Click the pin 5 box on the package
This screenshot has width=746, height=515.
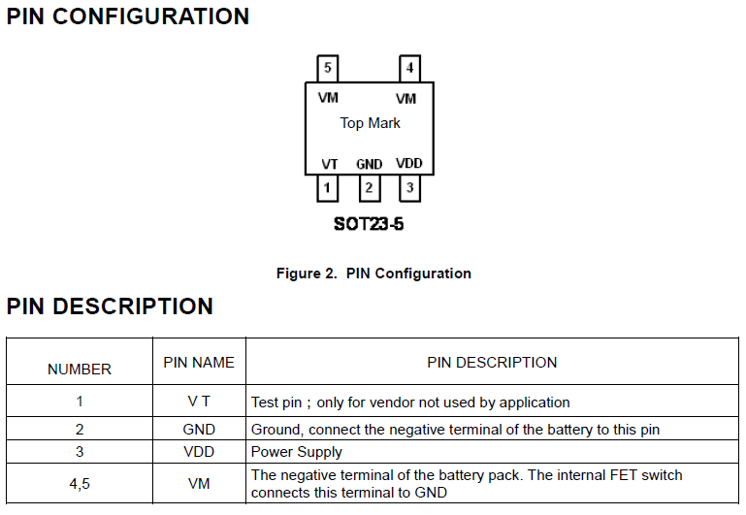328,69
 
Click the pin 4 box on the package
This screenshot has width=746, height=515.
410,69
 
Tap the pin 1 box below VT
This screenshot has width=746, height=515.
328,187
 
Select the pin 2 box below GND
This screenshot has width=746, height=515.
369,187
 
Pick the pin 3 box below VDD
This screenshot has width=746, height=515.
410,187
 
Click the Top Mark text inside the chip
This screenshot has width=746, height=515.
370,123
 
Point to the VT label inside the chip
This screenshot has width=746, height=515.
330,164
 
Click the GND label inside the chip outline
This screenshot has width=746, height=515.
369,164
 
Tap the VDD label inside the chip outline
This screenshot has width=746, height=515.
409,163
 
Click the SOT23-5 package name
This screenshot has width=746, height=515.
369,224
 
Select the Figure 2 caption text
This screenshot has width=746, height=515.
373,274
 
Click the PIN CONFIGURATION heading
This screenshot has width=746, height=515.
128,16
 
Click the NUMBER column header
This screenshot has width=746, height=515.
80,369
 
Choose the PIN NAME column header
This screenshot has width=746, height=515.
199,362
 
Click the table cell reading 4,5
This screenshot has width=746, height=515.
80,483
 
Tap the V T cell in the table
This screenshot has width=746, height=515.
199,402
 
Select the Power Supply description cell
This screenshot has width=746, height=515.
297,452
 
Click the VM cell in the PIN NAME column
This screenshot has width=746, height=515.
199,483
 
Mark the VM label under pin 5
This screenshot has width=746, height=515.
328,98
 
